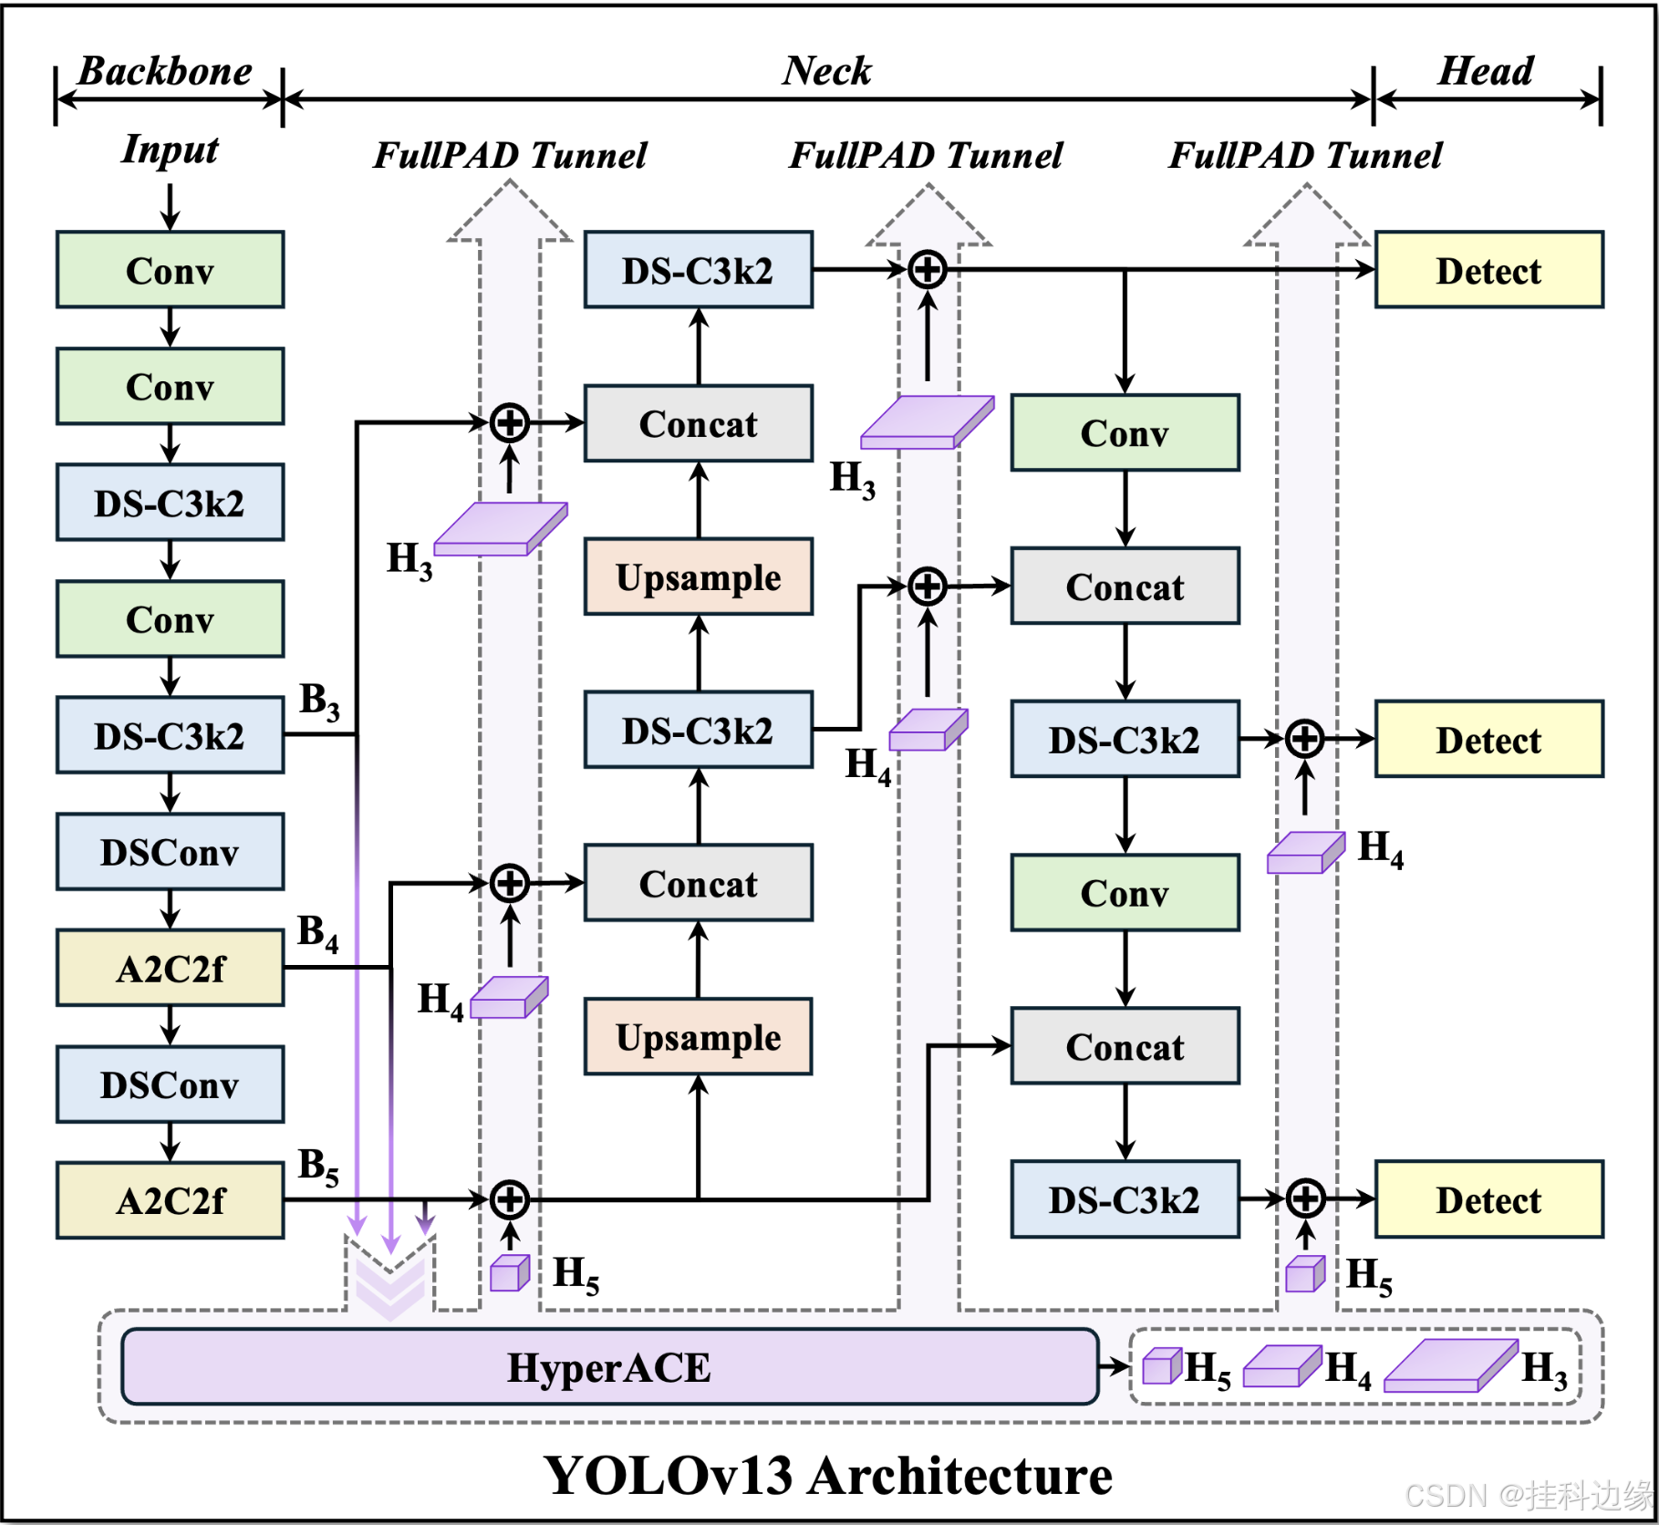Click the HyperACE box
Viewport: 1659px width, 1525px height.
609,1365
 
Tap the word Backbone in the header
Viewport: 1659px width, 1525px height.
165,71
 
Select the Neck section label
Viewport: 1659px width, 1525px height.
826,71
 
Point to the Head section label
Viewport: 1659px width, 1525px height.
1486,71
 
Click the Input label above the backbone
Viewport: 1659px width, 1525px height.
170,150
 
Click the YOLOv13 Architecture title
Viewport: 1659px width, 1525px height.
827,1475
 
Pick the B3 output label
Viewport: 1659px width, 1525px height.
319,700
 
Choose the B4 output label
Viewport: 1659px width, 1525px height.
318,933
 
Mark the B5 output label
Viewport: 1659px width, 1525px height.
318,1167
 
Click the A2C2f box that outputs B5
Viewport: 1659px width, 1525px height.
170,1200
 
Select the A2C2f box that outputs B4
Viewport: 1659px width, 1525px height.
170,968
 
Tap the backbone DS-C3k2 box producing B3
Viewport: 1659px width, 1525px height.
170,735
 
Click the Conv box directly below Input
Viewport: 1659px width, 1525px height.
170,270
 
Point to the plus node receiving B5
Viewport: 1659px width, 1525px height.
510,1199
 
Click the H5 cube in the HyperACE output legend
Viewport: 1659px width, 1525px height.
1162,1365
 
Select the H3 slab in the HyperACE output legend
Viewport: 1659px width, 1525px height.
1451,1365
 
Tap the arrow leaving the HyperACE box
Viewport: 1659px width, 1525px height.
1114,1366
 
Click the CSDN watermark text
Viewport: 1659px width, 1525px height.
1529,1496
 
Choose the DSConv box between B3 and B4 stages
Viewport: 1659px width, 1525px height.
170,852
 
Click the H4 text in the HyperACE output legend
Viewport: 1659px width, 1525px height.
1348,1369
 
